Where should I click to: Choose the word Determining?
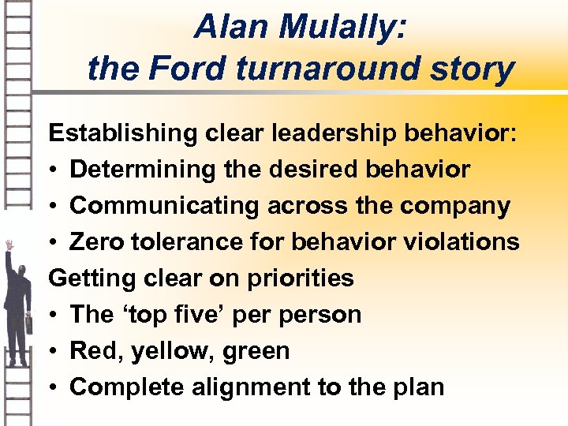[x=140, y=169]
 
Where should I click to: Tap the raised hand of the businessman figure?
[x=9, y=245]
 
